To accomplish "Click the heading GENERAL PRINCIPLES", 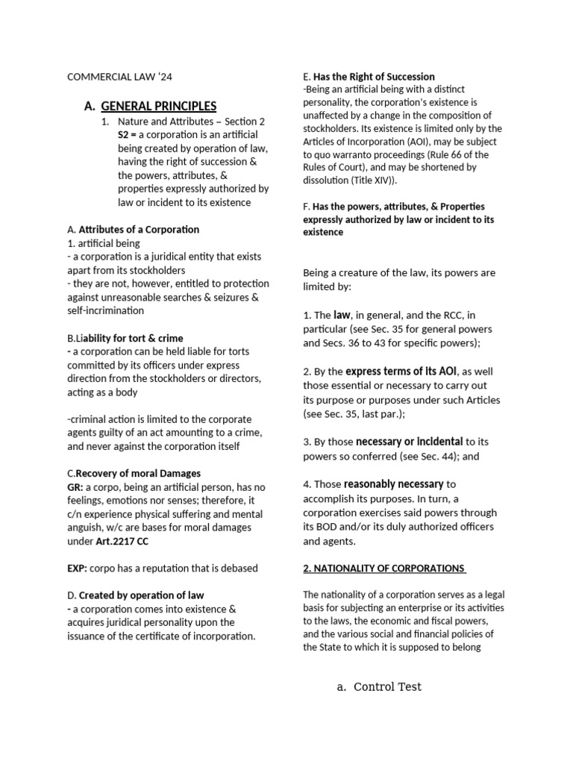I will click(158, 106).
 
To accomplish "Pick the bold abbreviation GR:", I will click(76, 487).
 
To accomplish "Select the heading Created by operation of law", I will click(141, 595).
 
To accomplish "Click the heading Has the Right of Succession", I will click(374, 77).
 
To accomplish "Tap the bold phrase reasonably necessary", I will click(394, 484).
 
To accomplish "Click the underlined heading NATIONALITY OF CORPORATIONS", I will click(383, 569).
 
